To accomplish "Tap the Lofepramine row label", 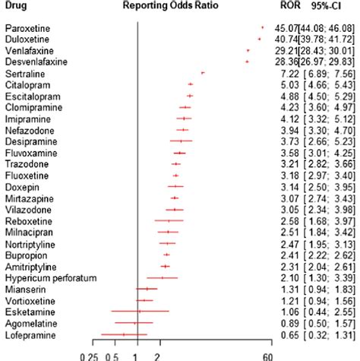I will click(x=29, y=334).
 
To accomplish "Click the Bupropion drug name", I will click(x=26, y=255).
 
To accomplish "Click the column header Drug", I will click(x=17, y=6).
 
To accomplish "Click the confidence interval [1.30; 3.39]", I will click(x=327, y=277).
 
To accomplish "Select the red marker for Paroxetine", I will click(x=262, y=27).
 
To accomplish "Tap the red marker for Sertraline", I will click(x=203, y=72).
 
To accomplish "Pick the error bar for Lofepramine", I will click(x=123, y=334).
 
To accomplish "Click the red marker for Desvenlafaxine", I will click(x=247, y=61).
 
